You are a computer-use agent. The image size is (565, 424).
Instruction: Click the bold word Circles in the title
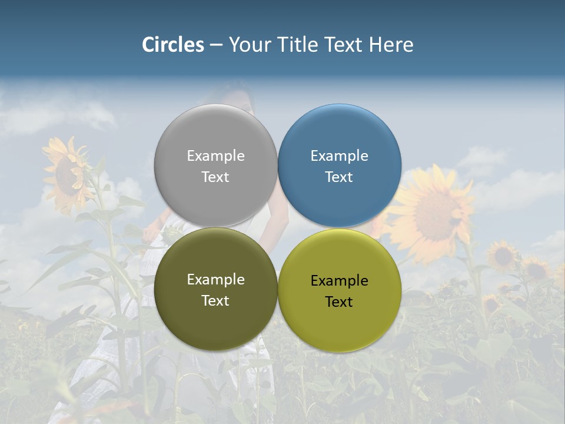tap(173, 45)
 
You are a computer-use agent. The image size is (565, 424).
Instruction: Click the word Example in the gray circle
tap(215, 156)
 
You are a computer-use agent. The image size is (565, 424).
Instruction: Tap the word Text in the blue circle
tap(339, 177)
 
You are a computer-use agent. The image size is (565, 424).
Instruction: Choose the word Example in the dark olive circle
tap(215, 280)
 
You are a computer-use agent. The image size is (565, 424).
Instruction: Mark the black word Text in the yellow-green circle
tap(339, 302)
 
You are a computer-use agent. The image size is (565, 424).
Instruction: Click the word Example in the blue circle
tap(339, 156)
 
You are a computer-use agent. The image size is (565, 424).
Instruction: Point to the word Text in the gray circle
tap(215, 177)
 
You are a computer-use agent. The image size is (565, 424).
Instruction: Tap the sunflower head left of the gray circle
tap(68, 174)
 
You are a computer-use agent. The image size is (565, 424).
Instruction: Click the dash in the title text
tap(216, 45)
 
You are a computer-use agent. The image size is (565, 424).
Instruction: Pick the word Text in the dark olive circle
tap(215, 301)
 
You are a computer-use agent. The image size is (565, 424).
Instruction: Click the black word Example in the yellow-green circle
tap(339, 281)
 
